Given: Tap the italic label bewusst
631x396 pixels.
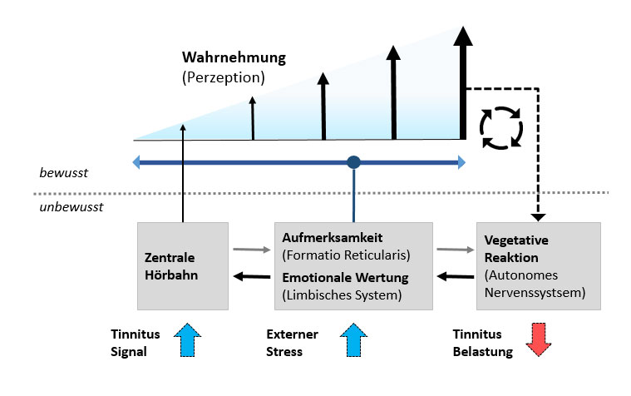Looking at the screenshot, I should tap(64, 174).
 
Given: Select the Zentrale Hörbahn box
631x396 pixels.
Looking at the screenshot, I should tap(181, 264).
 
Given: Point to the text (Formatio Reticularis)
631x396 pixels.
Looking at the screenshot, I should tap(347, 254).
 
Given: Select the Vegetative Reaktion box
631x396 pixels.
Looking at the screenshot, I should tap(537, 264).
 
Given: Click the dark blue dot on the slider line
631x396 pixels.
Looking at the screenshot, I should tap(354, 162).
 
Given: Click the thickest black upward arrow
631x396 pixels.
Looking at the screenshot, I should tap(463, 83).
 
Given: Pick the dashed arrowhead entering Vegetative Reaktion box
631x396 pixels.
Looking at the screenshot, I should tap(538, 217).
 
